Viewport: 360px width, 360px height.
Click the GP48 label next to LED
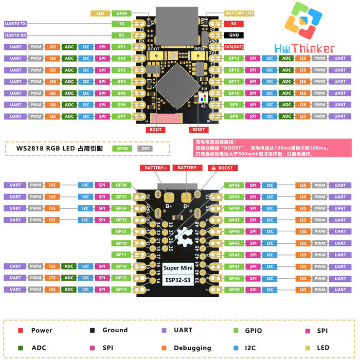pyautogui.click(x=121, y=13)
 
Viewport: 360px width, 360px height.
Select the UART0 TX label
pyautogui.click(x=15, y=24)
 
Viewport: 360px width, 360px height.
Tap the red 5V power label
pyautogui.click(x=233, y=24)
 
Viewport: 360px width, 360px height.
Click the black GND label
pyautogui.click(x=233, y=35)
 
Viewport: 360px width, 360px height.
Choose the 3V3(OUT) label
pyautogui.click(x=233, y=47)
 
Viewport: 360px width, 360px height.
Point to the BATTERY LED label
pyautogui.click(x=239, y=13)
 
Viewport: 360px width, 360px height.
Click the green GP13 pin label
pyautogui.click(x=234, y=58)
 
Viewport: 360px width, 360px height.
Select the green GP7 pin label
pyautogui.click(x=121, y=116)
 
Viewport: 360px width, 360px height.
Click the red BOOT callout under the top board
pyautogui.click(x=156, y=130)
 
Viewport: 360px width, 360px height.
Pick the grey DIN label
pyautogui.click(x=144, y=148)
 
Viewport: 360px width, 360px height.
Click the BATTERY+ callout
pyautogui.click(x=155, y=168)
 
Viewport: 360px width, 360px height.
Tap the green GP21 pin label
pyautogui.click(x=121, y=231)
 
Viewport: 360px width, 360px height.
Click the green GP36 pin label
pyautogui.click(x=234, y=185)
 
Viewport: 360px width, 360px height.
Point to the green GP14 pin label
pyautogui.click(x=121, y=290)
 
